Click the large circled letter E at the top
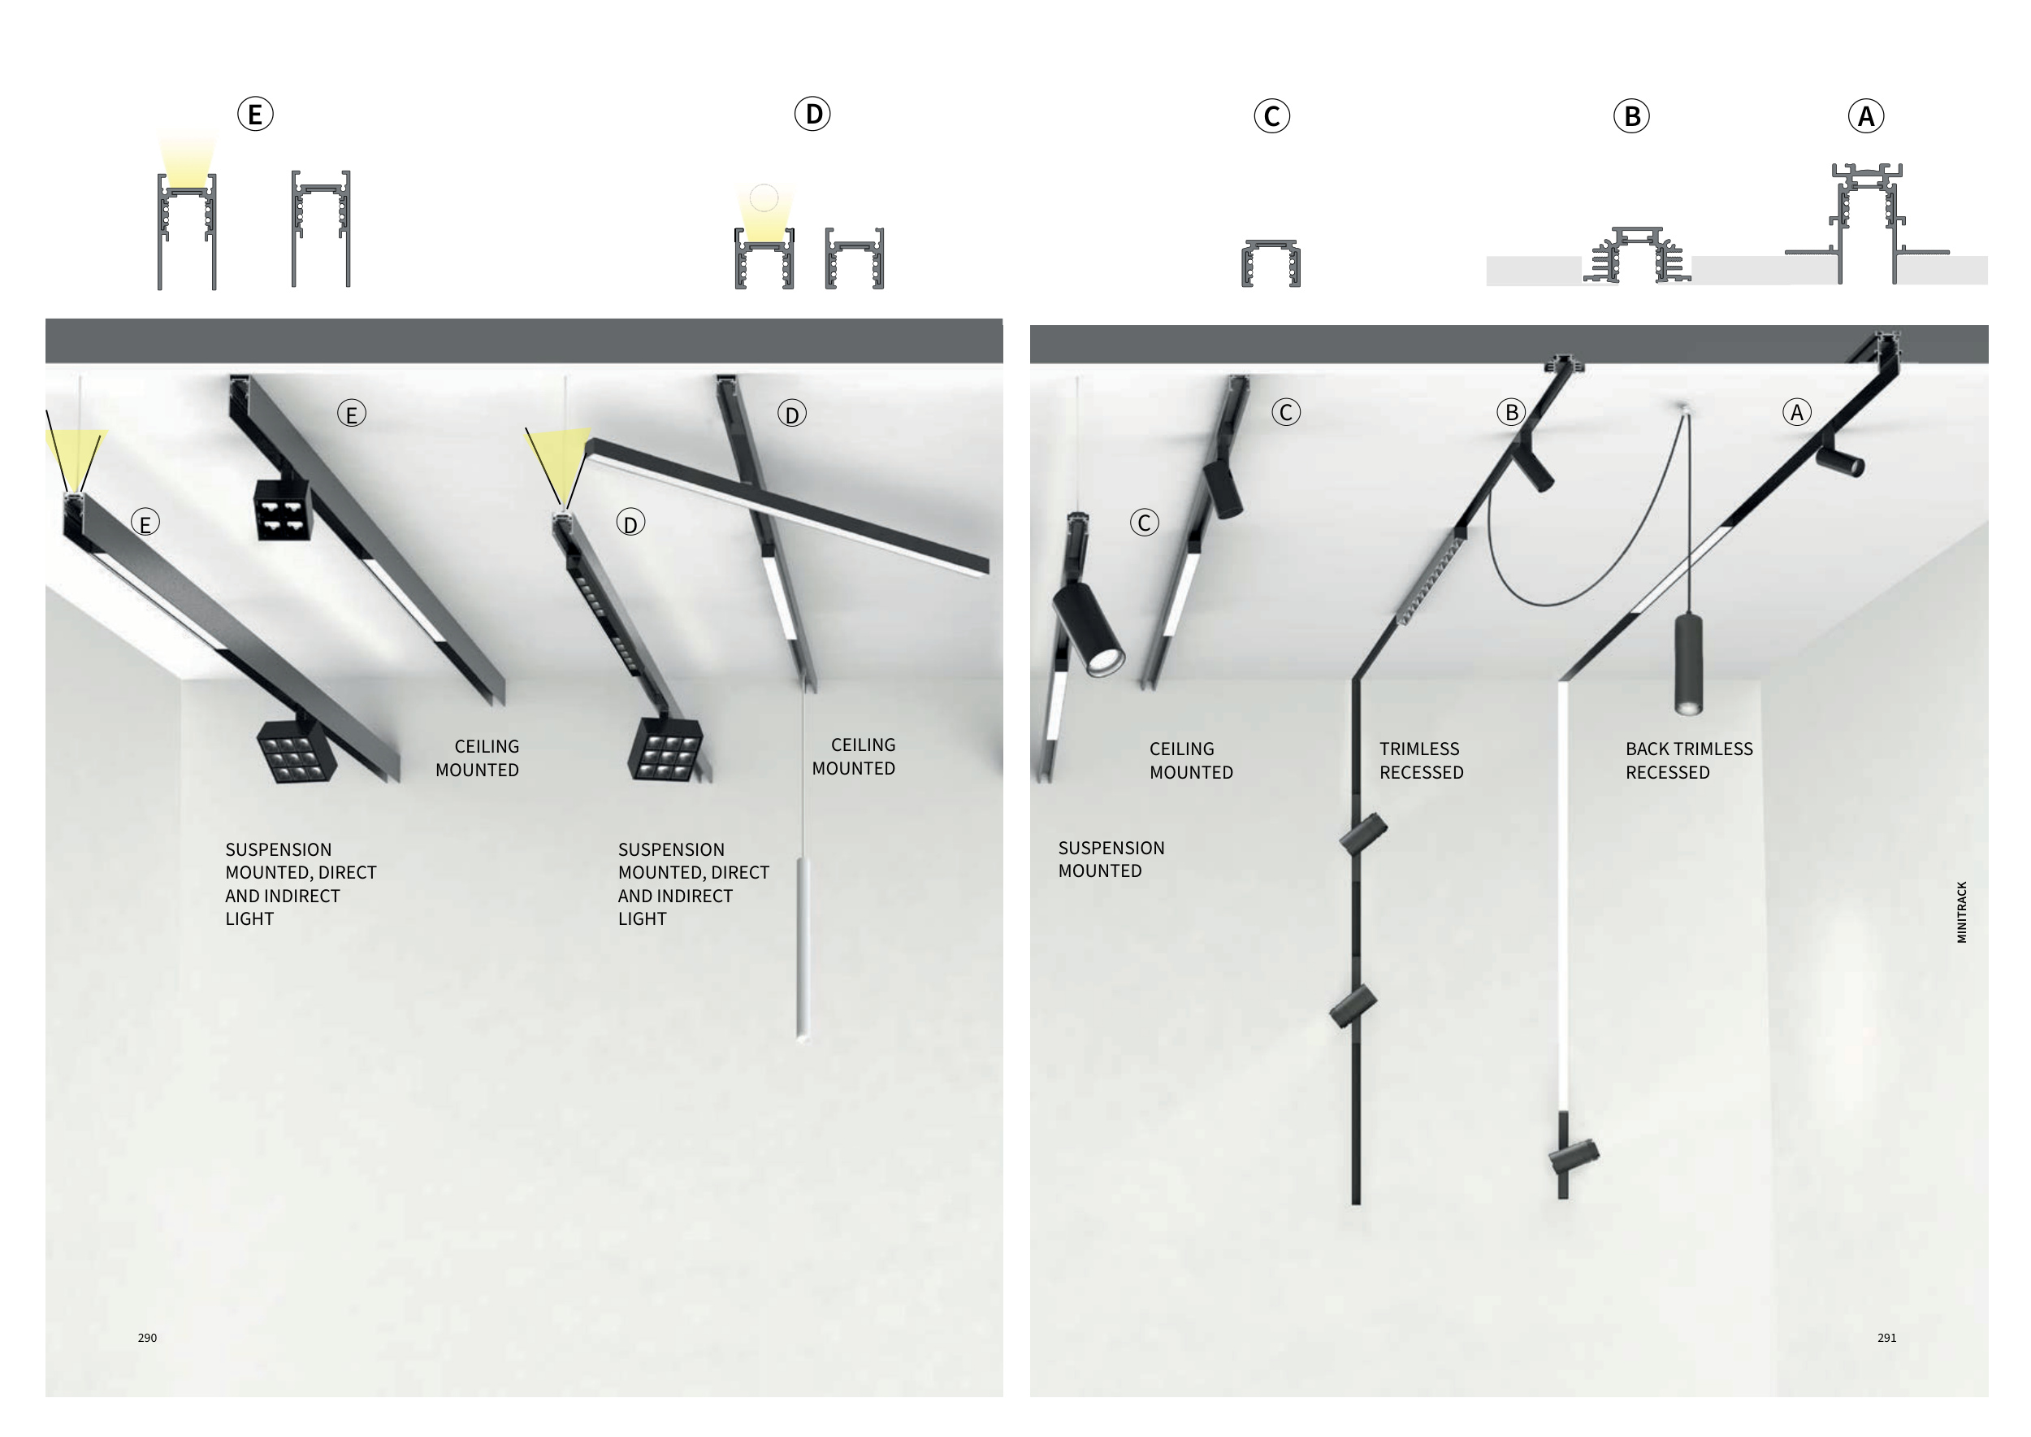(x=255, y=114)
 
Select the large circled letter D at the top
(x=812, y=114)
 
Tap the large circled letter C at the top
(x=1272, y=116)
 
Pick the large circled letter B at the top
(x=1631, y=116)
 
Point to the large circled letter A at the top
(x=1866, y=116)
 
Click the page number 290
(x=148, y=1338)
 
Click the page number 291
(x=1887, y=1338)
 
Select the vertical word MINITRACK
(x=1962, y=911)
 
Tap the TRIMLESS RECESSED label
(x=1422, y=760)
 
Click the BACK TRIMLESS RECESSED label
(x=1689, y=760)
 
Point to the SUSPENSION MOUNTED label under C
(x=1111, y=859)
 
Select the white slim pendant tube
(x=803, y=949)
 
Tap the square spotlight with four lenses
(x=283, y=510)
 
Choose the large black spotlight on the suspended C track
(x=1088, y=628)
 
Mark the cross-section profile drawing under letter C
(x=1271, y=263)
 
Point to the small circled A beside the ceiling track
(x=1796, y=412)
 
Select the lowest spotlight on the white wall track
(x=1574, y=1156)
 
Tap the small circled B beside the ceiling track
(x=1511, y=412)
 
